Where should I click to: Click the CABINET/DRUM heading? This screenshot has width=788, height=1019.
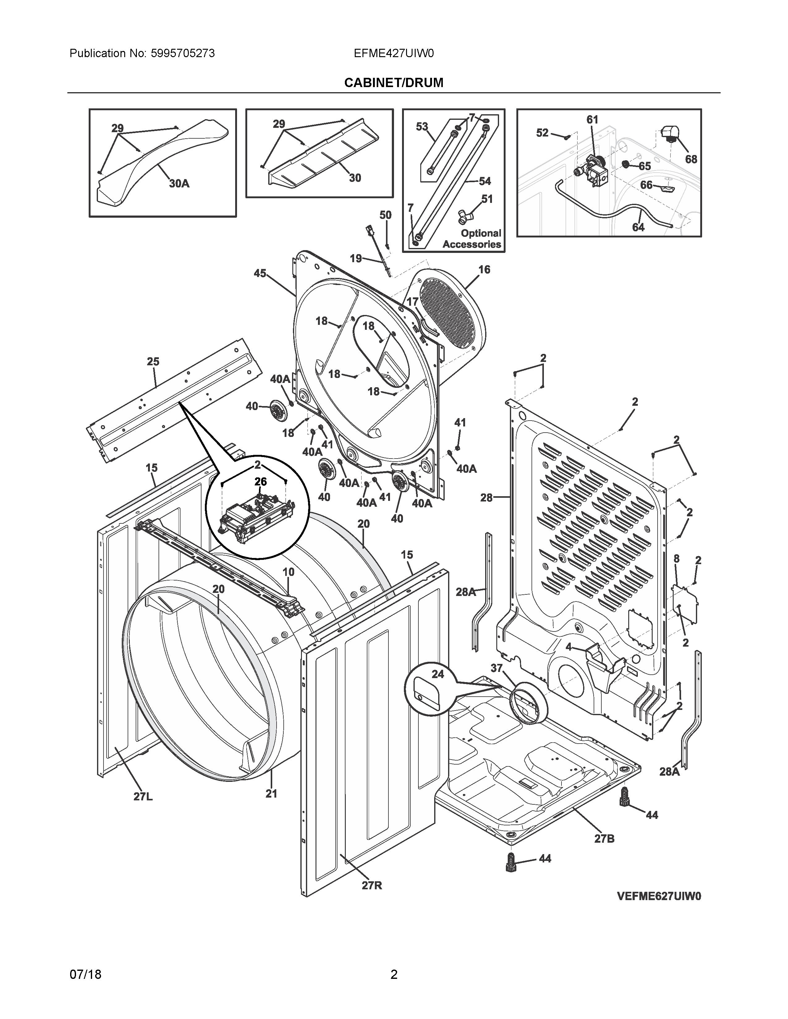(393, 82)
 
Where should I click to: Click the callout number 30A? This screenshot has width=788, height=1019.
(179, 184)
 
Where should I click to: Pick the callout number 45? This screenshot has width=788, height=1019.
(260, 273)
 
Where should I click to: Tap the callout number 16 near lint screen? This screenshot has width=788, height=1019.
(484, 269)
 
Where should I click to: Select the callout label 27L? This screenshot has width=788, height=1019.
(143, 796)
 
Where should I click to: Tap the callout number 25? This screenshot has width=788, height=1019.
(153, 362)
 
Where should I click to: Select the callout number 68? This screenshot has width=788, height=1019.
(691, 159)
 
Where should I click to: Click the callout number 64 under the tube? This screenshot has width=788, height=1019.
(638, 227)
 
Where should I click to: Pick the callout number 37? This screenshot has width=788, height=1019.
(496, 668)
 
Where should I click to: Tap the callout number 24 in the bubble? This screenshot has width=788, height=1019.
(437, 674)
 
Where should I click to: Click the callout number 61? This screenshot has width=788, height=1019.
(592, 120)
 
